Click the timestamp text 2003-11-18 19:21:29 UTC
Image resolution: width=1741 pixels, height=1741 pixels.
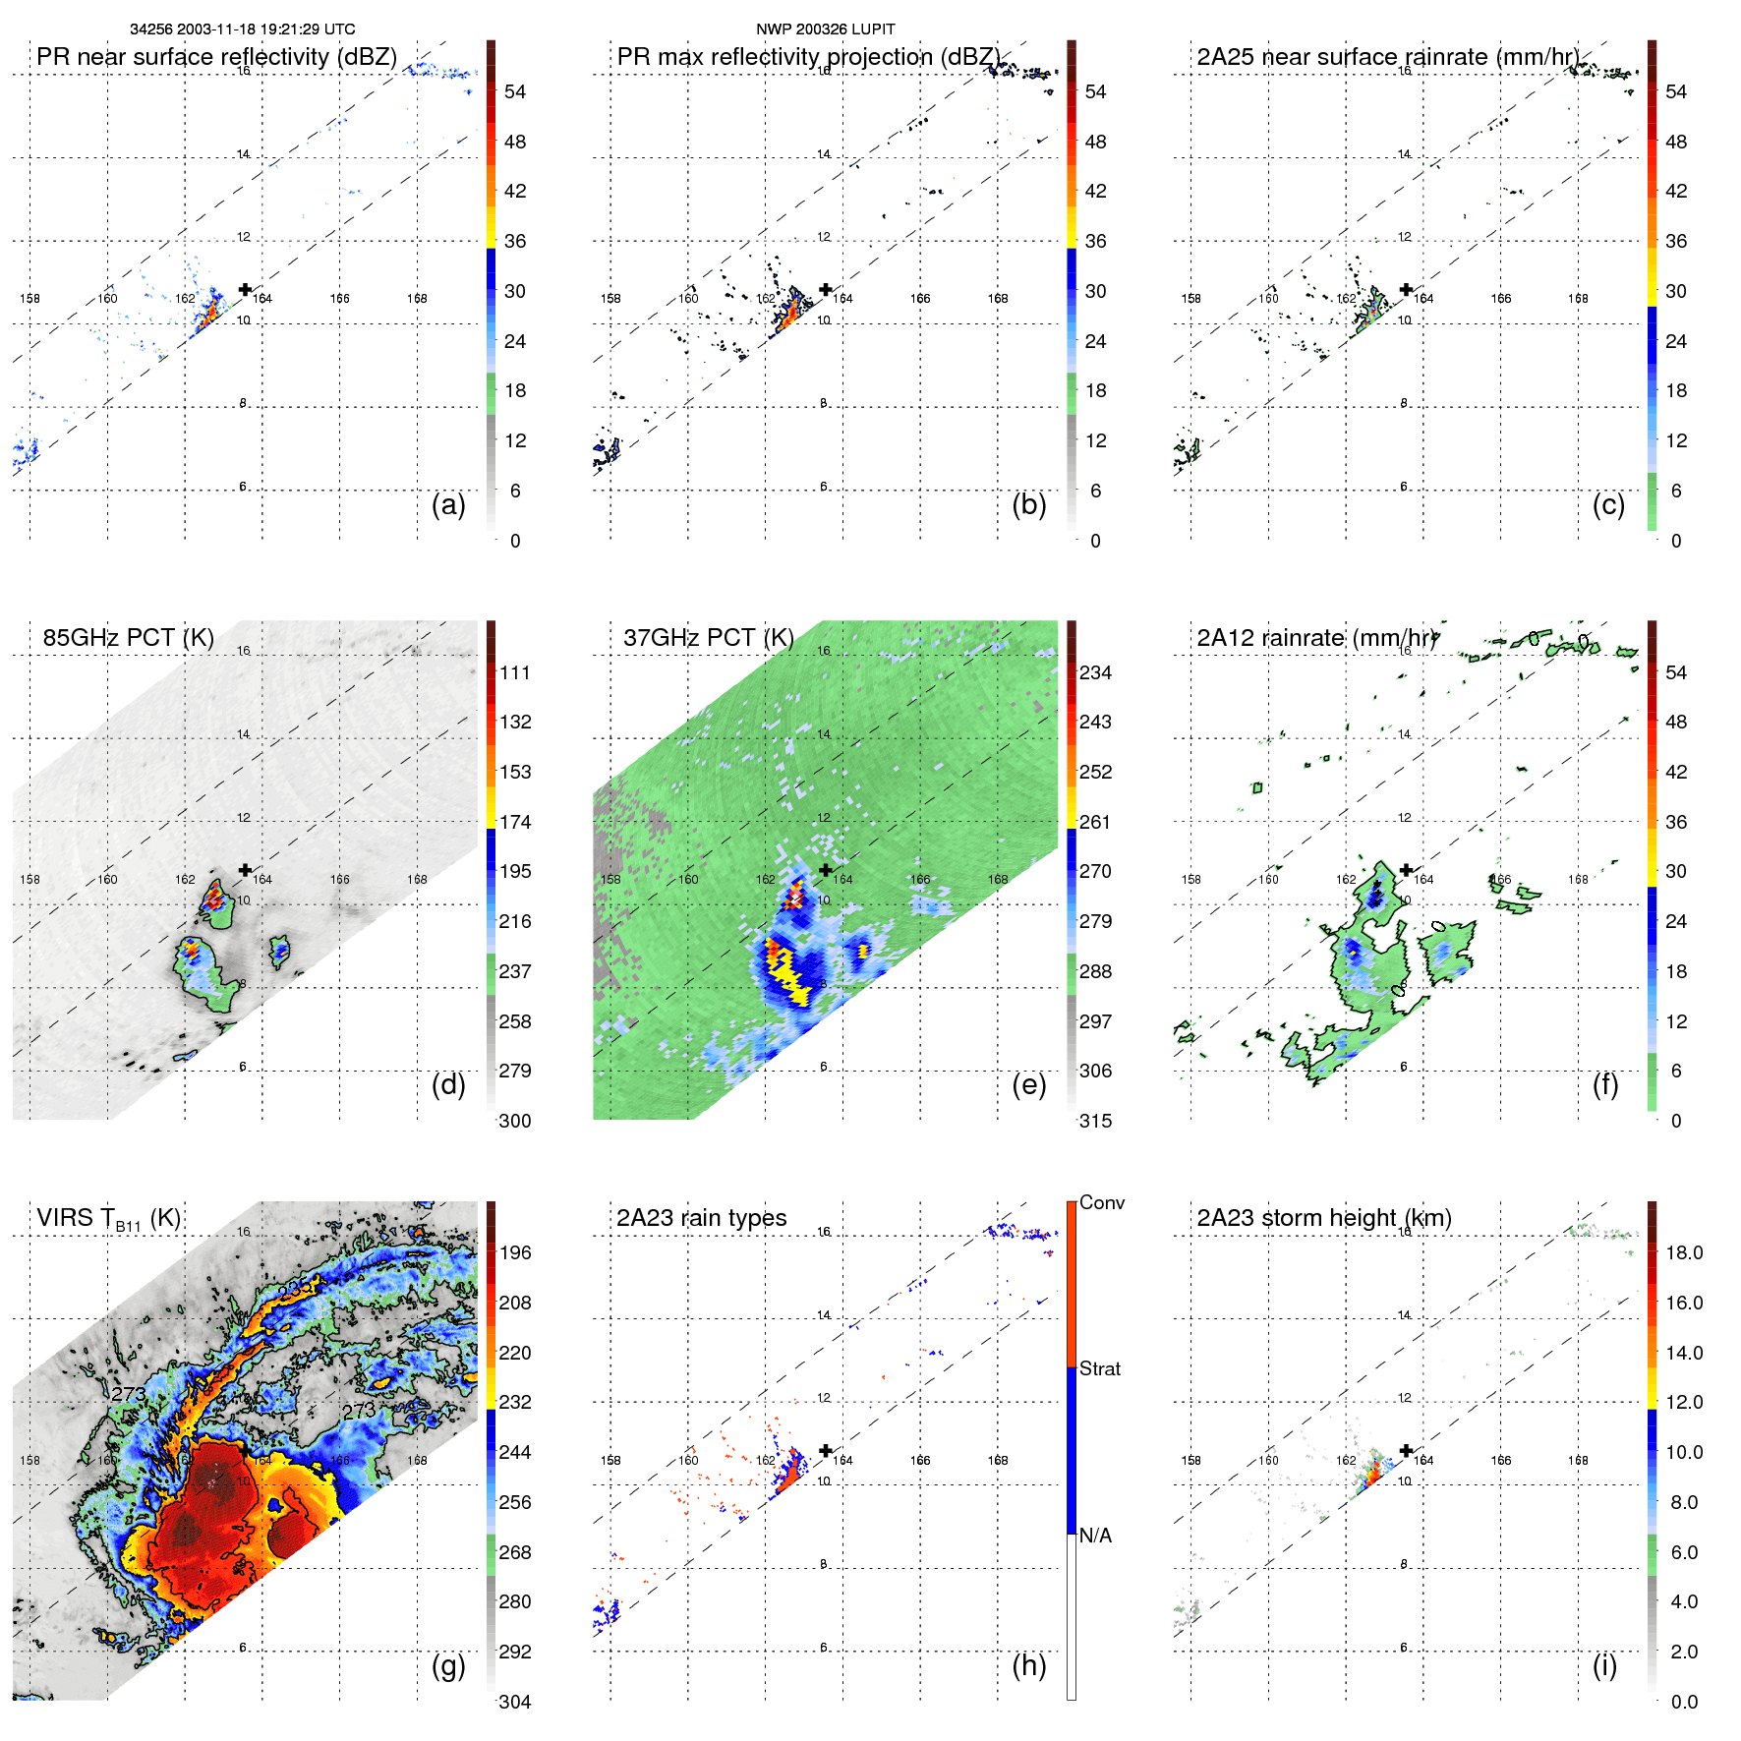click(265, 29)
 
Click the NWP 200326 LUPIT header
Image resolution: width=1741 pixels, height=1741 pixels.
click(825, 29)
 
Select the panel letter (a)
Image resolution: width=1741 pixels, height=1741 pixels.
click(448, 504)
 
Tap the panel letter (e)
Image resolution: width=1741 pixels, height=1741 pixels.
click(1028, 1084)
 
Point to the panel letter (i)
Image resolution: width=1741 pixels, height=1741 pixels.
click(1604, 1665)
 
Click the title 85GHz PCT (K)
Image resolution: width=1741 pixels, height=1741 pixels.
click(128, 638)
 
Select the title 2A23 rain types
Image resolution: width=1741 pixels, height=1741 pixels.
click(701, 1218)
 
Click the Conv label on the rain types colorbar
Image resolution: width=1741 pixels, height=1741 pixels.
click(1101, 1202)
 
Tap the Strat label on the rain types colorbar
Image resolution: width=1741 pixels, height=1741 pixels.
click(1099, 1368)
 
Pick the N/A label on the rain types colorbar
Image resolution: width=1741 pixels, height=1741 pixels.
click(1095, 1536)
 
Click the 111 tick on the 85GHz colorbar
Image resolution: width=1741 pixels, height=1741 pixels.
click(514, 672)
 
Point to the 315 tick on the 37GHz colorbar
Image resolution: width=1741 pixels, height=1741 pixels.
click(1095, 1121)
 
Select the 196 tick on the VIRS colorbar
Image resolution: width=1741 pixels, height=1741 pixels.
click(514, 1252)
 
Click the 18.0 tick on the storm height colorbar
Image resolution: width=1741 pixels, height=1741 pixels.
click(1683, 1252)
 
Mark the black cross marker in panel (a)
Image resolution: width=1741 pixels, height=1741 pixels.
click(245, 289)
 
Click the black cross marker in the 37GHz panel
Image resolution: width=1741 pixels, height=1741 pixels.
click(826, 870)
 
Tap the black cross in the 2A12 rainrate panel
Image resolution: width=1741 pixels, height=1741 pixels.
click(1406, 870)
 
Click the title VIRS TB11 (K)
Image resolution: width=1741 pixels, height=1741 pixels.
click(108, 1219)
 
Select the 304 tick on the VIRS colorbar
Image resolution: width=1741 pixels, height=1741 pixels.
click(514, 1702)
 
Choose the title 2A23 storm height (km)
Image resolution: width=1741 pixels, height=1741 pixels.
click(1323, 1218)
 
